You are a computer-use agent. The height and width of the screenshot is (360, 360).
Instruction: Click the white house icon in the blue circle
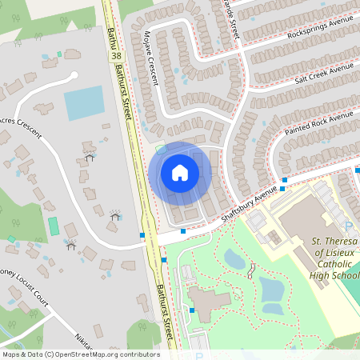point(180,173)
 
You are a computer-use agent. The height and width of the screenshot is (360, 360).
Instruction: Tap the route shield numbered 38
point(118,57)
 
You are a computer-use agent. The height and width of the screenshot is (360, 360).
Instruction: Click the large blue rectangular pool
point(84,103)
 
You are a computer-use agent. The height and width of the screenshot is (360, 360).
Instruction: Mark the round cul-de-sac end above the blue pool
point(74,76)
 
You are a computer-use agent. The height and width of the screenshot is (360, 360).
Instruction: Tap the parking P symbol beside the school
point(348,226)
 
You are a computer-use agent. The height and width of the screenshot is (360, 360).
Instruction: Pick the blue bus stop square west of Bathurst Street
point(142,235)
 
